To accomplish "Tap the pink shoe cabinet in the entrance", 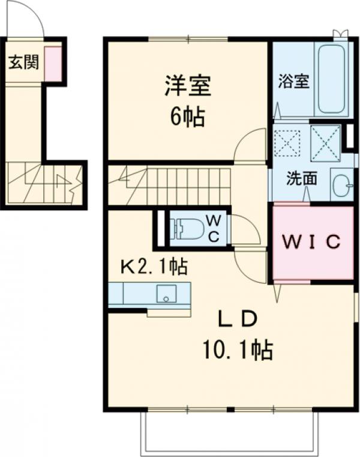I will [x=53, y=64].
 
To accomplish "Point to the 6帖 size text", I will [x=187, y=117].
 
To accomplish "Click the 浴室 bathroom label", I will [x=294, y=82].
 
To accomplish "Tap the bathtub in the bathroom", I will [x=331, y=78].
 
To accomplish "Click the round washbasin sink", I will [x=342, y=184].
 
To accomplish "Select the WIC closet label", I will [x=312, y=242].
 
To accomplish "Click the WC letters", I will [x=214, y=228].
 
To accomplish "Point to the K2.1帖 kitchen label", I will [x=154, y=265].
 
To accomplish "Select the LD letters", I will [x=237, y=319].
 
